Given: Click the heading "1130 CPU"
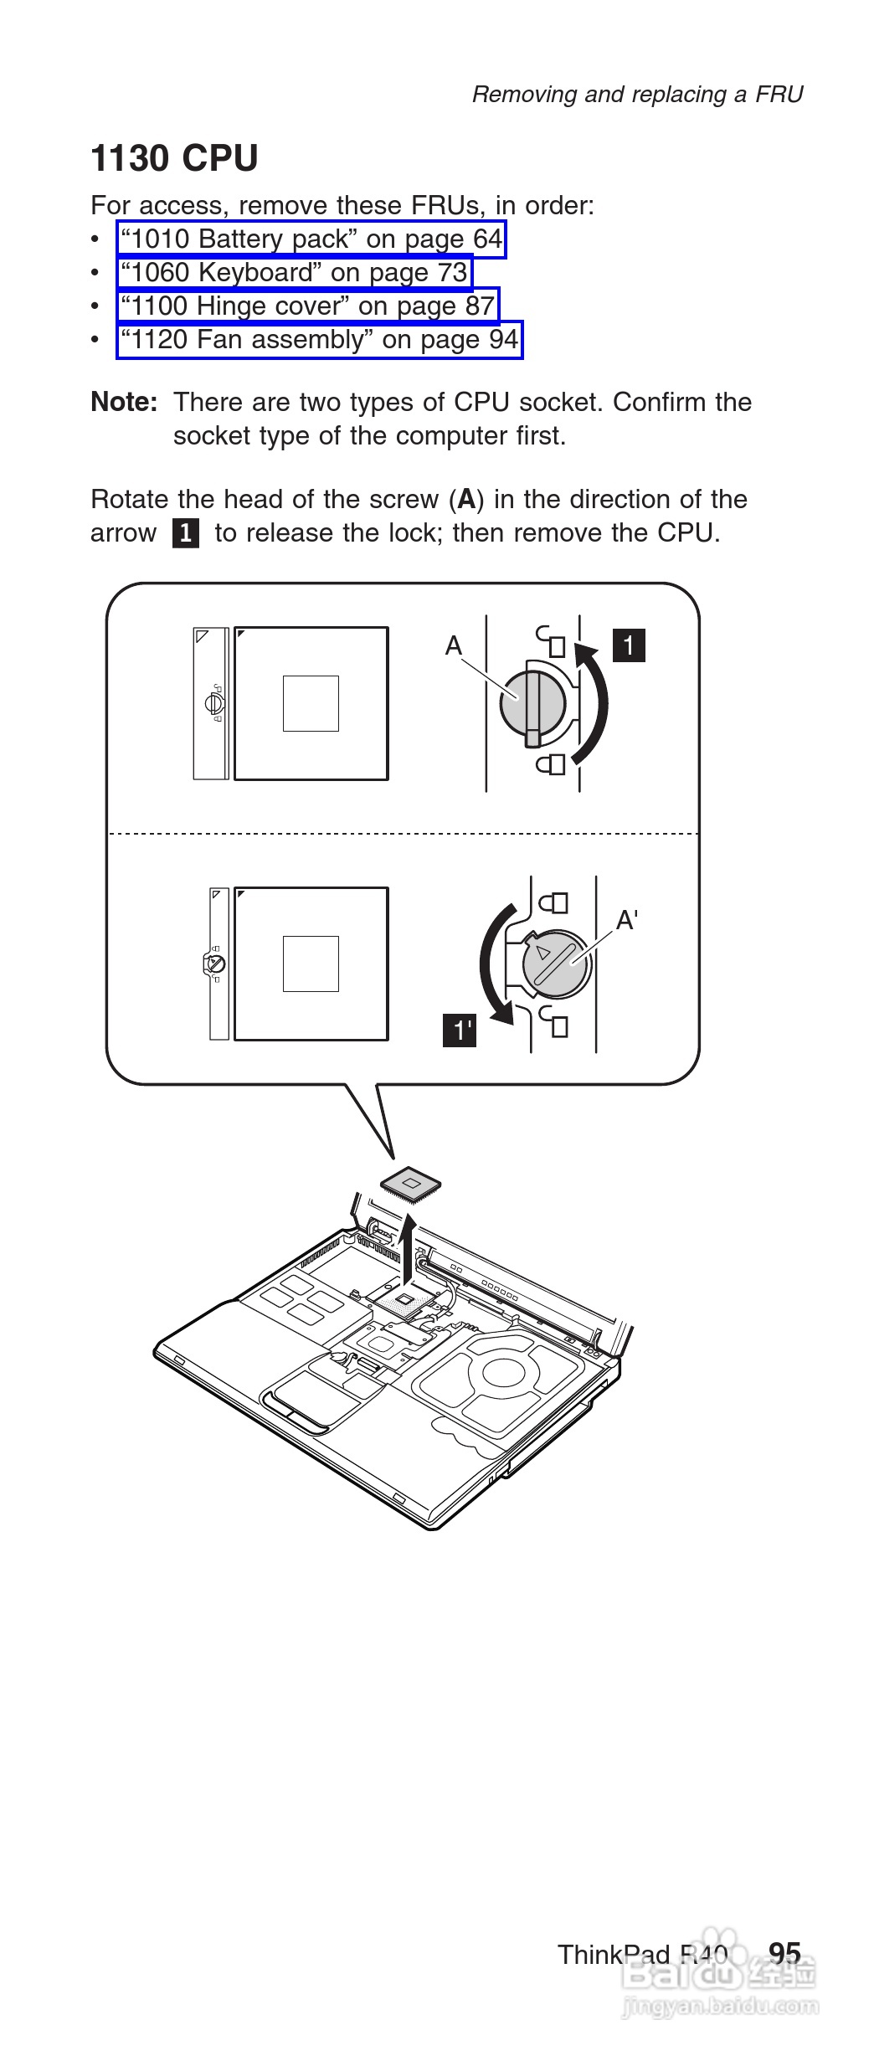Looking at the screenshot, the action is point(174,158).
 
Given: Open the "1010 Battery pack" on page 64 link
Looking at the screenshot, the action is point(311,239).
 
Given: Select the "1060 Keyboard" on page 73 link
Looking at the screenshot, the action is point(295,273).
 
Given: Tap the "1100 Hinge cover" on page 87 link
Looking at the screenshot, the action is point(308,306).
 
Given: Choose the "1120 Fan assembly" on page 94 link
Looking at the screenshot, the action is point(320,340).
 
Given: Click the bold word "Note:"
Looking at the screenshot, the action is point(124,402).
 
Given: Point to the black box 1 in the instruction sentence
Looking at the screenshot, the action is point(186,533).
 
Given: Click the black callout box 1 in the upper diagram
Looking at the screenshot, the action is point(630,645).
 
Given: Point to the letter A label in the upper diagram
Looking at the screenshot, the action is point(454,645).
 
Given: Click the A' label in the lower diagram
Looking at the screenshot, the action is point(627,921).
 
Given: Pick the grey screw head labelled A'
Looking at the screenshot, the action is point(557,964).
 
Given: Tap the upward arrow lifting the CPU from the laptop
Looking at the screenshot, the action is point(408,1251).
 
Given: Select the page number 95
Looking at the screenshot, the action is point(785,1954).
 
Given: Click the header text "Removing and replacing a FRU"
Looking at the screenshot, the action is point(638,95).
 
